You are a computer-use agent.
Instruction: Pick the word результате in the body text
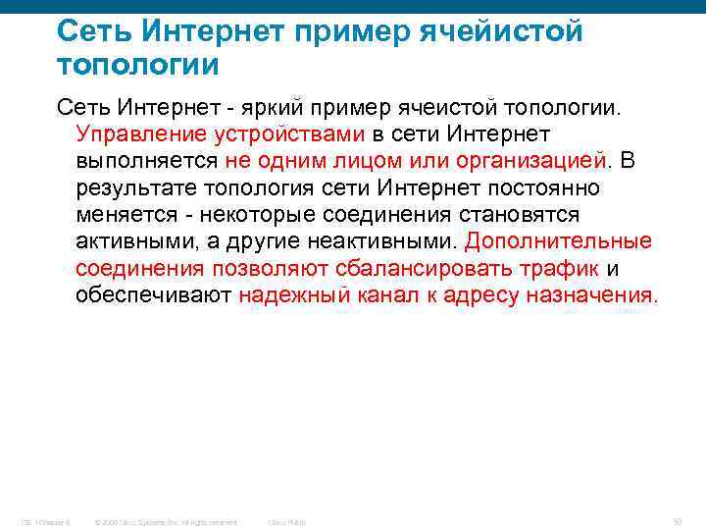tap(131, 187)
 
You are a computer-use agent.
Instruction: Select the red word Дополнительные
tap(559, 241)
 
